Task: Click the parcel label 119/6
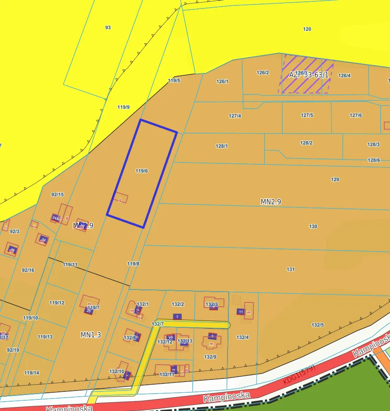(x=142, y=171)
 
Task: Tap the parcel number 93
(x=108, y=28)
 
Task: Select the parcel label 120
(x=307, y=29)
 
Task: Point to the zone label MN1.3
(x=90, y=335)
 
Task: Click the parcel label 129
(x=335, y=180)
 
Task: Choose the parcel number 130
(x=313, y=227)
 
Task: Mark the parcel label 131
(x=291, y=269)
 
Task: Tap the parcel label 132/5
(x=317, y=325)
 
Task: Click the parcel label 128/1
(x=222, y=146)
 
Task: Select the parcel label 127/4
(x=235, y=116)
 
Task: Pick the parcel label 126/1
(x=222, y=81)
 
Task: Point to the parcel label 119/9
(x=123, y=107)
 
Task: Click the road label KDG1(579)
(x=299, y=375)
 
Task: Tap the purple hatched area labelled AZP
(x=304, y=74)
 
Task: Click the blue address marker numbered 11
(x=241, y=312)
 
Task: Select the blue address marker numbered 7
(x=177, y=317)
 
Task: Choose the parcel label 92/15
(x=57, y=195)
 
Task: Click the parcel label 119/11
(x=70, y=265)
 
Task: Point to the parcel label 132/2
(x=178, y=304)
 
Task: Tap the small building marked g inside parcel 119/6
(x=120, y=198)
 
